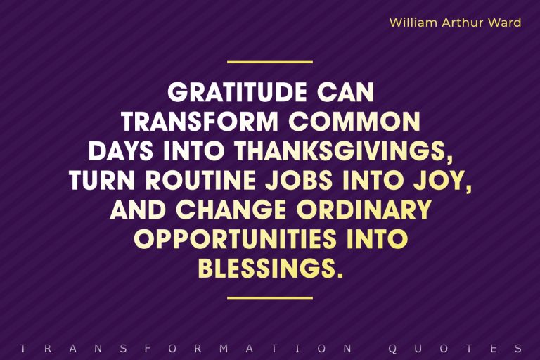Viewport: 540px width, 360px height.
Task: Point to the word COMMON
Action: click(x=354, y=123)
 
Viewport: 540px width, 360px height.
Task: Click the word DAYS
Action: click(x=119, y=152)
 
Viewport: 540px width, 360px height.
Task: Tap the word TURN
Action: click(x=104, y=181)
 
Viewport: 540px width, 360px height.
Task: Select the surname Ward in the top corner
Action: click(x=506, y=22)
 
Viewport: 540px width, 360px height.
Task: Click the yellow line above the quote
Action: click(x=270, y=62)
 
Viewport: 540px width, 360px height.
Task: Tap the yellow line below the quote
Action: click(x=270, y=297)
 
